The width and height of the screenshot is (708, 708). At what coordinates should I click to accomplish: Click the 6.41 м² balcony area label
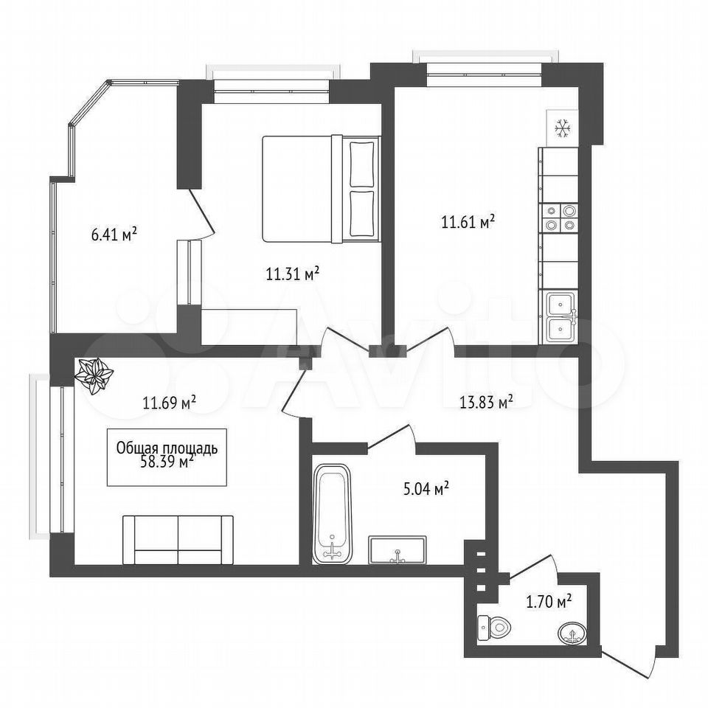pyautogui.click(x=114, y=235)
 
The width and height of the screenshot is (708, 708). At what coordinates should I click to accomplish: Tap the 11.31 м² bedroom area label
pyautogui.click(x=293, y=274)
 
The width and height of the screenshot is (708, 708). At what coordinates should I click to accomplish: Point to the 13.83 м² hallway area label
pyautogui.click(x=486, y=401)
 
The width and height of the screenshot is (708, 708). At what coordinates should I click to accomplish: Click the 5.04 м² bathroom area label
pyautogui.click(x=426, y=488)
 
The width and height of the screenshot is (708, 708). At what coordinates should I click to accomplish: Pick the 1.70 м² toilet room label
pyautogui.click(x=549, y=601)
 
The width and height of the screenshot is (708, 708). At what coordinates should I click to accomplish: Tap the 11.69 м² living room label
pyautogui.click(x=170, y=401)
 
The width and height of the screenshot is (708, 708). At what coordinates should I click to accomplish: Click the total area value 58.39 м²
pyautogui.click(x=167, y=462)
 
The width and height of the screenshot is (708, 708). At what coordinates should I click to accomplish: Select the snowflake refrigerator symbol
pyautogui.click(x=563, y=128)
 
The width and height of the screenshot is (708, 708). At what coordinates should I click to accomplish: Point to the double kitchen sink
pyautogui.click(x=560, y=317)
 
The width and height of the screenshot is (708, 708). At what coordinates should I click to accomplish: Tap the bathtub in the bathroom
pyautogui.click(x=333, y=513)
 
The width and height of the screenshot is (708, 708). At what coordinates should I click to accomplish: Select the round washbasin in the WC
pyautogui.click(x=573, y=634)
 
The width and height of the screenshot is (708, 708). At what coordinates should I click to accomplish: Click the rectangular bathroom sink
pyautogui.click(x=398, y=549)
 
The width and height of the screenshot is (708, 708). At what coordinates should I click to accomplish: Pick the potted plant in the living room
pyautogui.click(x=94, y=375)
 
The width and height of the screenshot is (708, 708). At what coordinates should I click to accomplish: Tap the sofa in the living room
pyautogui.click(x=178, y=540)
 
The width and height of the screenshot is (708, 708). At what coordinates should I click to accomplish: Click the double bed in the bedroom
pyautogui.click(x=321, y=188)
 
